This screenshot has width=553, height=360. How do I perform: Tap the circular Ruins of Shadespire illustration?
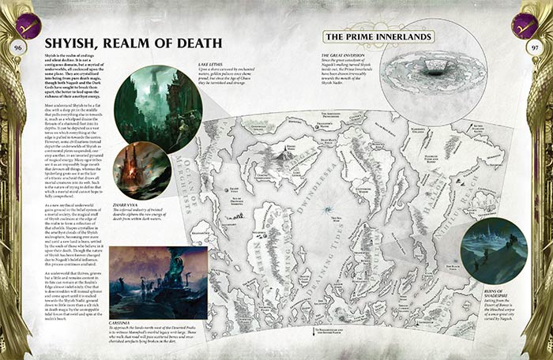point(494,250)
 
